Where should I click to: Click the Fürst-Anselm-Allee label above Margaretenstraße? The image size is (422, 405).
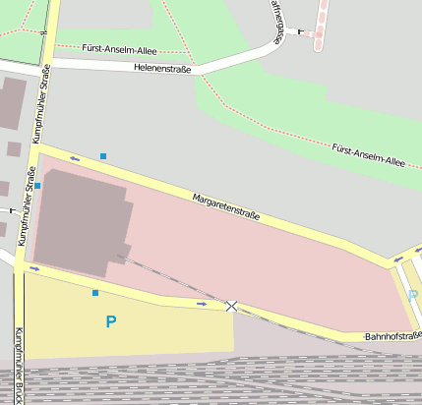coord(368,154)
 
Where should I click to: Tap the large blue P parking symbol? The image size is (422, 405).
coord(110,321)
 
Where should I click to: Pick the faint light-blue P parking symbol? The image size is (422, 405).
coord(412,296)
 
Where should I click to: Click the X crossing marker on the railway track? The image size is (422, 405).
coord(232,307)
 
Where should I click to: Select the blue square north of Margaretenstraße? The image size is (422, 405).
coord(103,155)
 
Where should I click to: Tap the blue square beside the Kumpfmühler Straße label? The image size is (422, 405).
coord(37,185)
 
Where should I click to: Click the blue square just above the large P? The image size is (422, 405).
coord(95,293)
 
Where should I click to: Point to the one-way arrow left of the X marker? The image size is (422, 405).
coord(202,304)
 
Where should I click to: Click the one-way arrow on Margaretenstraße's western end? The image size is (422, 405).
coord(75,158)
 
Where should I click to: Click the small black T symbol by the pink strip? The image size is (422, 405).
coord(301,31)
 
